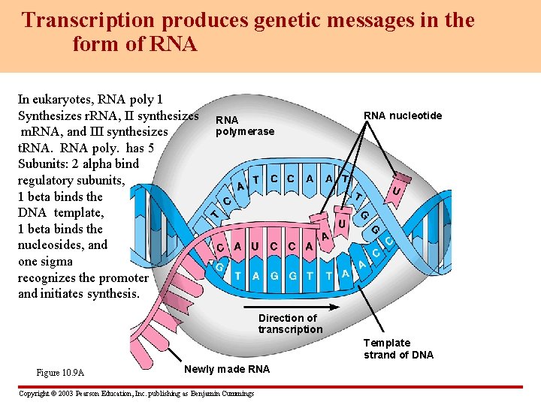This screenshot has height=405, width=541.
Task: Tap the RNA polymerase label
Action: point(244,126)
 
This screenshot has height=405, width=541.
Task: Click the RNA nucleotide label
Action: point(403,115)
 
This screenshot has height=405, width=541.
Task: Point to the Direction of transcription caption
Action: point(290,323)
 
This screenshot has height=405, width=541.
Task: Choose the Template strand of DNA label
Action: point(398,349)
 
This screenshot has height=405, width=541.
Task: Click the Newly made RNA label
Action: point(227,369)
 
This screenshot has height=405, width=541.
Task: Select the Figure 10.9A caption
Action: point(60,373)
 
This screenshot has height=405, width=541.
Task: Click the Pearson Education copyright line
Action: point(135,394)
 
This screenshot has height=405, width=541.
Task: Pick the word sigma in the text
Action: point(58,262)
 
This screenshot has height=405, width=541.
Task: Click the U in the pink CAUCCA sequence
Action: point(255,246)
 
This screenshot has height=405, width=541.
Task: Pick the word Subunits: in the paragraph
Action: point(42,164)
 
